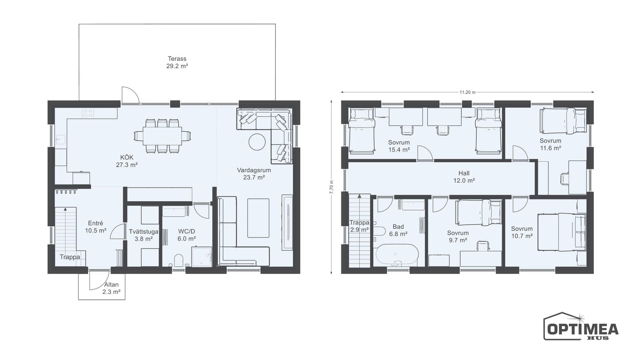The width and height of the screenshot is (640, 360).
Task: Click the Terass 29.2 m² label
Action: click(x=177, y=62)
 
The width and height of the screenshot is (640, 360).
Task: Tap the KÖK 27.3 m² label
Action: click(x=127, y=161)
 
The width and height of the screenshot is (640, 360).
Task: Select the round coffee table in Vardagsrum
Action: click(x=257, y=142)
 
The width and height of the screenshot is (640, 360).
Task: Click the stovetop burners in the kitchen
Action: click(x=88, y=113)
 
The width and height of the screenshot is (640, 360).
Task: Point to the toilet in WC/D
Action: click(x=179, y=260)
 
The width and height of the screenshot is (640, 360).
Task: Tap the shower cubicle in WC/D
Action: click(x=202, y=257)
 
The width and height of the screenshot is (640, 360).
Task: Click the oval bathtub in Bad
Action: click(x=397, y=254)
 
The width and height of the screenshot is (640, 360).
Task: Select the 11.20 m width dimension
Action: click(x=467, y=92)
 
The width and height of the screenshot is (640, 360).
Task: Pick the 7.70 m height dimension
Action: click(x=331, y=187)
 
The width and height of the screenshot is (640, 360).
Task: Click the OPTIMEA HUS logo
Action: click(x=581, y=326)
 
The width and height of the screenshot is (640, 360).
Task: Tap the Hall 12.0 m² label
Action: click(x=464, y=177)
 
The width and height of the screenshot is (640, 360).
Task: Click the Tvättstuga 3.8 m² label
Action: click(x=143, y=235)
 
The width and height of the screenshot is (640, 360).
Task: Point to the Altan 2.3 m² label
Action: click(x=111, y=288)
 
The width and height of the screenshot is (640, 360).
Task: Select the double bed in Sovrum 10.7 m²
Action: click(x=562, y=232)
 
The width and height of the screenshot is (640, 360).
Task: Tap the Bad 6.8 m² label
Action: click(x=398, y=230)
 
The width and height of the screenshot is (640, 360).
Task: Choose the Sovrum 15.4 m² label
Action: click(x=399, y=146)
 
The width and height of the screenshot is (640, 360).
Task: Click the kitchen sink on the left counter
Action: click(x=61, y=140)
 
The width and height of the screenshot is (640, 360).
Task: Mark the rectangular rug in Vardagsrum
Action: click(x=258, y=218)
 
